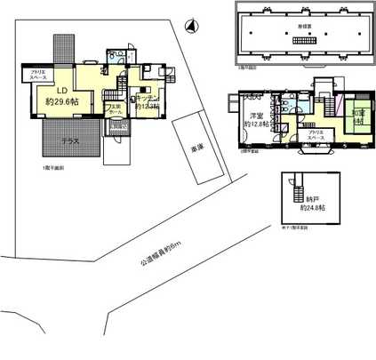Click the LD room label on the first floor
(x=63, y=90)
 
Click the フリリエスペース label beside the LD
(x=39, y=73)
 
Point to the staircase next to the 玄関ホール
(x=110, y=95)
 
